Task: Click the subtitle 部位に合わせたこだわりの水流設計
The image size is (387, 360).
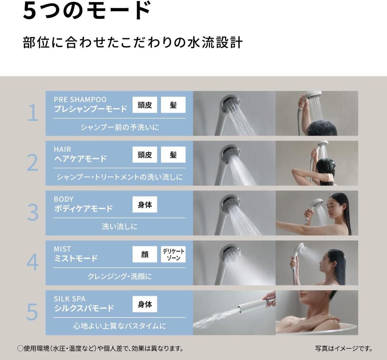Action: pyautogui.click(x=133, y=42)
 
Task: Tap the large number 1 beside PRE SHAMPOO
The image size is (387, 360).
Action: pyautogui.click(x=33, y=113)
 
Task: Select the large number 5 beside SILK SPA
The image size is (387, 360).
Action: pyautogui.click(x=32, y=312)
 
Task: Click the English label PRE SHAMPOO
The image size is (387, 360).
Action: pyautogui.click(x=80, y=99)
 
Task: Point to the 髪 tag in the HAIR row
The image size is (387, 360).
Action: pyautogui.click(x=173, y=155)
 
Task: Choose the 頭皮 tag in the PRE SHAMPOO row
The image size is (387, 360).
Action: pyautogui.click(x=145, y=105)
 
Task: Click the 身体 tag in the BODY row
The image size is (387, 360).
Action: pyautogui.click(x=145, y=204)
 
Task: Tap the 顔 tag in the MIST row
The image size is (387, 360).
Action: pyautogui.click(x=145, y=254)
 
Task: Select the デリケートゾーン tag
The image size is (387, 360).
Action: pyautogui.click(x=173, y=254)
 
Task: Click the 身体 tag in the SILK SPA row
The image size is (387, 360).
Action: pyautogui.click(x=145, y=304)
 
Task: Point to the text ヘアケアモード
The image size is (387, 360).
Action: pyautogui.click(x=80, y=159)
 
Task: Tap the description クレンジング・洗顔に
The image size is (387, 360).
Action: pyautogui.click(x=119, y=276)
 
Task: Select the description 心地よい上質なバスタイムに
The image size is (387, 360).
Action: pyautogui.click(x=119, y=326)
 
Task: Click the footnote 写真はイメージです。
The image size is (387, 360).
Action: pyautogui.click(x=343, y=348)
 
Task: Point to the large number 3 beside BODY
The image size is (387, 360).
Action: pyautogui.click(x=32, y=213)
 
